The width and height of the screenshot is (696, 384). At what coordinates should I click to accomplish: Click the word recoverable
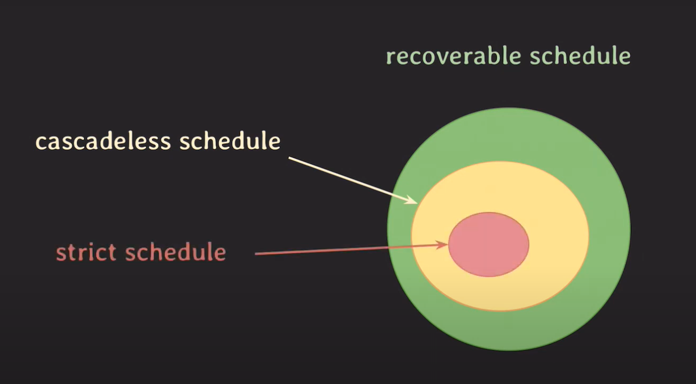coord(453,56)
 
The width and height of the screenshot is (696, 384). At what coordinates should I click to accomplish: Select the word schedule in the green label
coord(580,56)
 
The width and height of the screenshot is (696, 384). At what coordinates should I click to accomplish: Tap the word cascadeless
coord(103,141)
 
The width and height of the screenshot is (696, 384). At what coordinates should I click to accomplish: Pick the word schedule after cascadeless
coord(230,141)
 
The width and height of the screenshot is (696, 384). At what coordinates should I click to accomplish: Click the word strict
coord(86,252)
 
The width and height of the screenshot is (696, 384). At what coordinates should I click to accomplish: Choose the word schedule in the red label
coord(175,252)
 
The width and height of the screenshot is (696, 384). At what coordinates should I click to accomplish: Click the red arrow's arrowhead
coord(442,245)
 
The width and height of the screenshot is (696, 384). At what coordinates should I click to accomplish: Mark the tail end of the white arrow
coord(289,158)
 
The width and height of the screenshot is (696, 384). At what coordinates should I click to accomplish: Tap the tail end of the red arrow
coord(256,254)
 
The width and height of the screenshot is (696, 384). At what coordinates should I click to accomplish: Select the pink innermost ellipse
coord(488,245)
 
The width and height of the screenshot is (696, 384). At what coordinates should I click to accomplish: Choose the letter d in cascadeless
coord(106,141)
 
